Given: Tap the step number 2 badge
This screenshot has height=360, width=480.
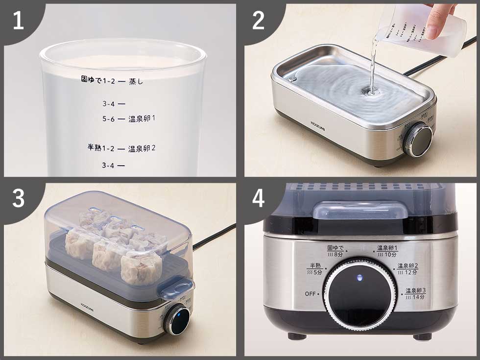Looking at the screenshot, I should pyautogui.click(x=258, y=21).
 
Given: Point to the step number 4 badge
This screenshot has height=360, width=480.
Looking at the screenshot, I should pyautogui.click(x=258, y=198).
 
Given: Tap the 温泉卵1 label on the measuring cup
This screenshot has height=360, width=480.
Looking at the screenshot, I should pyautogui.click(x=142, y=119).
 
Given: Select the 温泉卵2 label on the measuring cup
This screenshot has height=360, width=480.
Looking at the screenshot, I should pyautogui.click(x=142, y=148).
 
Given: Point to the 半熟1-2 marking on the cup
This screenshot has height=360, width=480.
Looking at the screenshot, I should pyautogui.click(x=100, y=147).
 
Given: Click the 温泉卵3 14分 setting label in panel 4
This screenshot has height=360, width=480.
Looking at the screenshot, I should pyautogui.click(x=415, y=294).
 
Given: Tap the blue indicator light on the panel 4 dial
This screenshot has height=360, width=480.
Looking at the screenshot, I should pyautogui.click(x=360, y=278).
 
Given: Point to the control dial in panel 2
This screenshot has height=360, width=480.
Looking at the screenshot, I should pyautogui.click(x=419, y=140).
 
